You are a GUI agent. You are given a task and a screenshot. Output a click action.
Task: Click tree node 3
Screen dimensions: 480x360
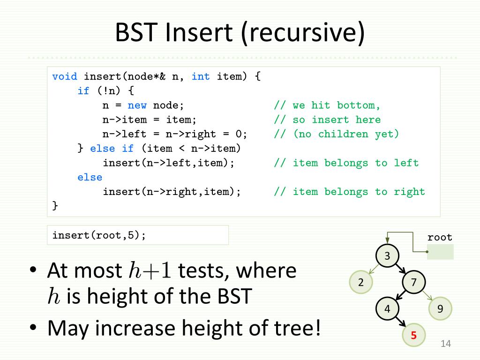pos(387,256)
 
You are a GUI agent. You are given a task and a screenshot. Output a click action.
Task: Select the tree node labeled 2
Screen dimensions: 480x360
pos(361,282)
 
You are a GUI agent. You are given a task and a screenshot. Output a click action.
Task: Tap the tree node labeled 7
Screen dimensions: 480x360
pos(413,282)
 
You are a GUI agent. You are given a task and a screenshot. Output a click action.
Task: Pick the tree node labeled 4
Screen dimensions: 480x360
pos(387,308)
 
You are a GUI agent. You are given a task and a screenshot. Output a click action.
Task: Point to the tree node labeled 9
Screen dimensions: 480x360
pos(440,308)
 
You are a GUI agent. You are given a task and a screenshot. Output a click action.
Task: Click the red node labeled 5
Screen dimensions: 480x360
pos(413,335)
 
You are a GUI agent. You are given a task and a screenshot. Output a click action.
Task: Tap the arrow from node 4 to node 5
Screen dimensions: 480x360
pos(400,322)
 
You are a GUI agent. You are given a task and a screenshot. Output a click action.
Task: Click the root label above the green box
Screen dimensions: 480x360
pos(440,237)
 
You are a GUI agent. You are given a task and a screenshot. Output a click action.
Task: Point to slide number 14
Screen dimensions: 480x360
pos(445,345)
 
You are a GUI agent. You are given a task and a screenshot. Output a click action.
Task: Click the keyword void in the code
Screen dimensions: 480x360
pos(65,76)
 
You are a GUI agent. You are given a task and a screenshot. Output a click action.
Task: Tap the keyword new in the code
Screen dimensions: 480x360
pos(137,105)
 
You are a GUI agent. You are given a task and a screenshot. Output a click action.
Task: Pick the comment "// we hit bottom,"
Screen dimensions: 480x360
pos(328,105)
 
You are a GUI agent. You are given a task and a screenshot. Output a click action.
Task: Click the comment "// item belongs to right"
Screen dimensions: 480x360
pos(350,192)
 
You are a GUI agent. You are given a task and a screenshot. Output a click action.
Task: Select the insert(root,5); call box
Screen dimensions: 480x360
pos(138,235)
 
